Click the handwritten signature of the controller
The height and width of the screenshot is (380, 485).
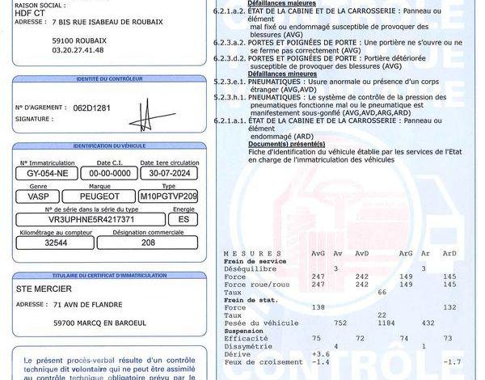(x=145, y=115)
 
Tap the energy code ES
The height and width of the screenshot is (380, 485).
(x=183, y=219)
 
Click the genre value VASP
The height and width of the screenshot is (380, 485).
(x=38, y=196)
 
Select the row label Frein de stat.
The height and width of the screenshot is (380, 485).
(x=251, y=300)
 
